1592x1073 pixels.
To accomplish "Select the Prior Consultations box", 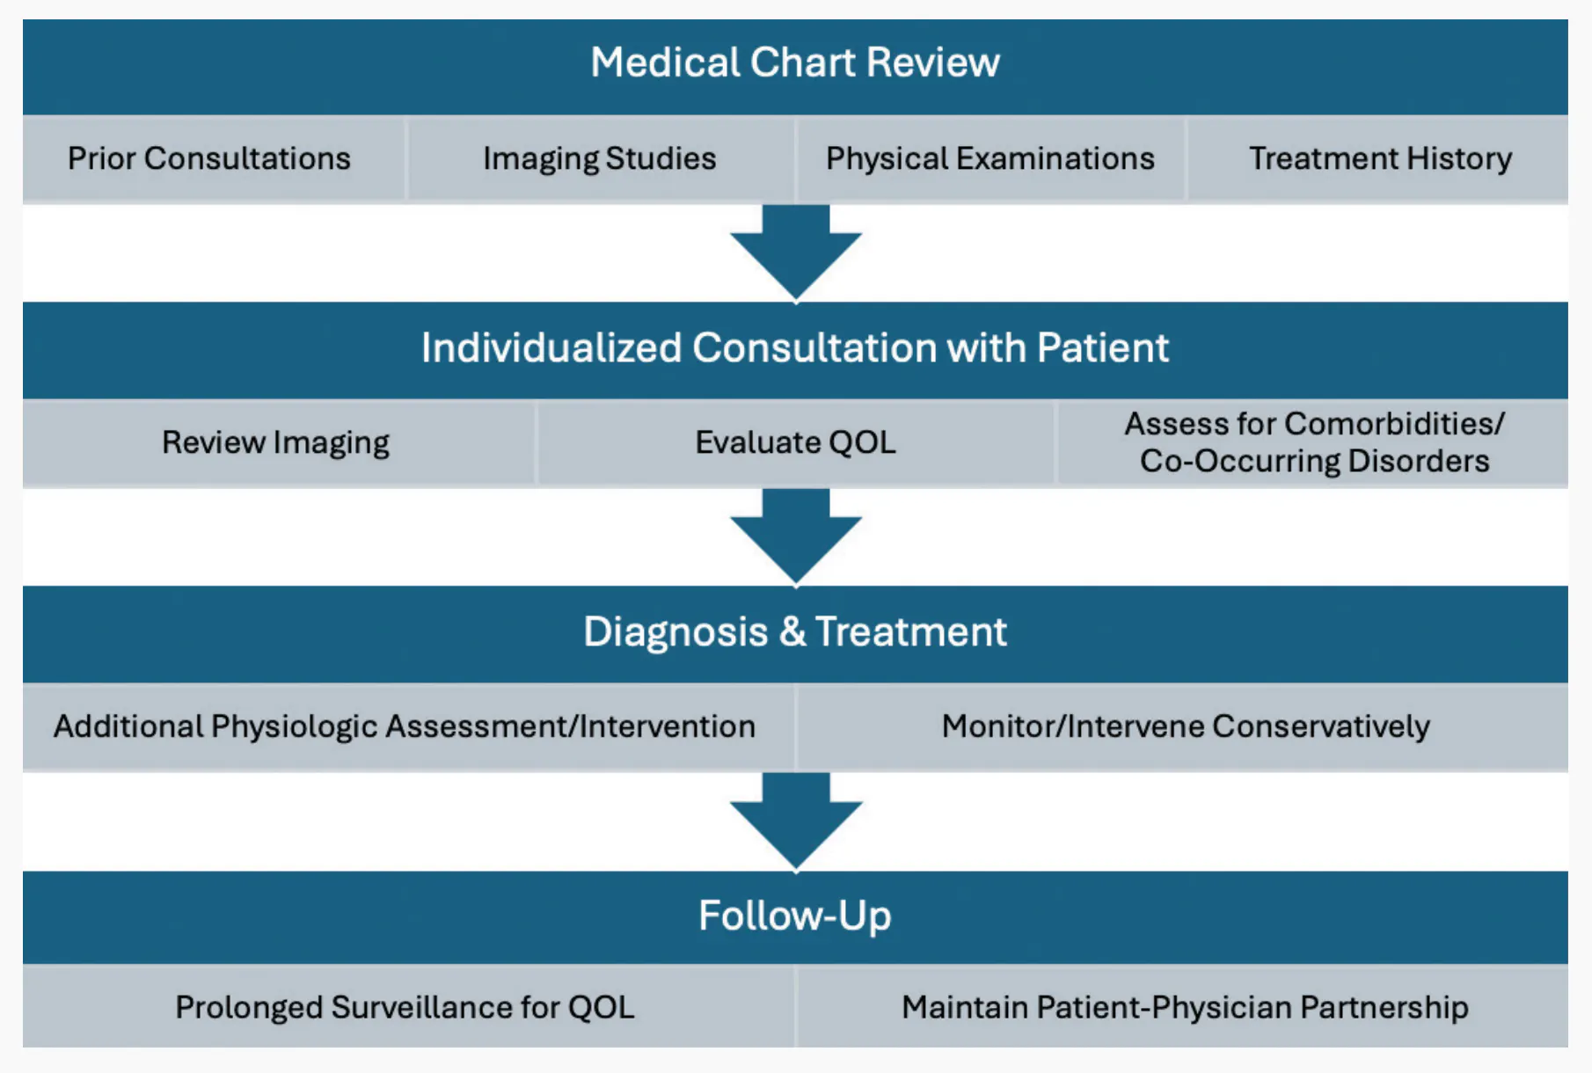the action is [214, 159].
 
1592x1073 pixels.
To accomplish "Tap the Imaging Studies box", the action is [601, 159].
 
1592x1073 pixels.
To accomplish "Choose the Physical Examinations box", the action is [990, 159].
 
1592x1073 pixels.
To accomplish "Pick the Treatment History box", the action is [1378, 159].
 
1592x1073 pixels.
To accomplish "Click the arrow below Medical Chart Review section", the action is [795, 251].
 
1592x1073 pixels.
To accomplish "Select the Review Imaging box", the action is [278, 442].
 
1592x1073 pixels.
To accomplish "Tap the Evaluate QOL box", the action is [795, 442].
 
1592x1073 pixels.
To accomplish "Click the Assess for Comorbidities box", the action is [1313, 442].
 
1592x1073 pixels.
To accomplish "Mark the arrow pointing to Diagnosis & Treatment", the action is [795, 536].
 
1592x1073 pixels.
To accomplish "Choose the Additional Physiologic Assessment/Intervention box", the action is [408, 727].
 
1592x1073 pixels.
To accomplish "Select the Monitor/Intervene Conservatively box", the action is [1183, 727].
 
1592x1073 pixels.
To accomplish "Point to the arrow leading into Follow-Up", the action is [795, 821].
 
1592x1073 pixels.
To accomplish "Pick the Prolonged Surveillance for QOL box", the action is [408, 1007].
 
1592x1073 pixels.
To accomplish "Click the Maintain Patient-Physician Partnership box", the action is [1183, 1007].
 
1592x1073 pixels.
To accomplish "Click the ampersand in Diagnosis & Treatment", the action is [792, 632].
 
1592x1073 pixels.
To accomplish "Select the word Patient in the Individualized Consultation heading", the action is [1103, 348].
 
